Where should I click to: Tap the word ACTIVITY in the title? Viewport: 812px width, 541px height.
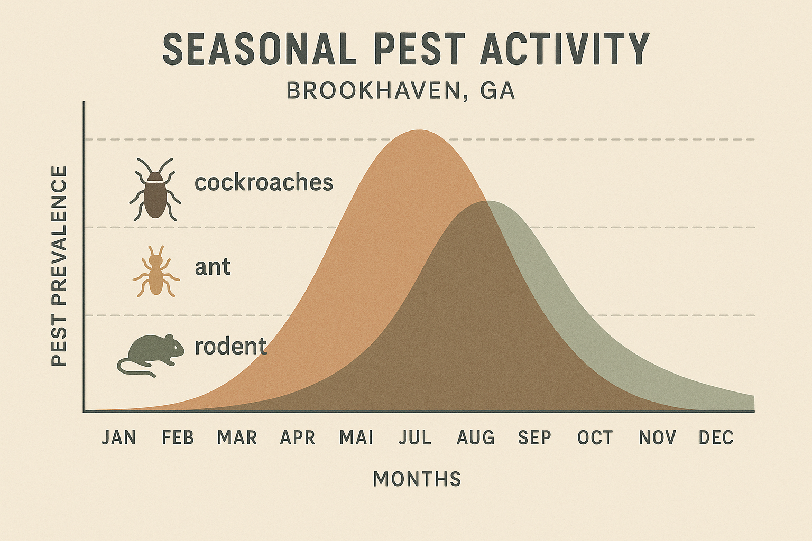click(565, 49)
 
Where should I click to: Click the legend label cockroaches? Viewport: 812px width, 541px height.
click(264, 183)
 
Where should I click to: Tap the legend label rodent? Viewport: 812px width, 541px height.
click(230, 347)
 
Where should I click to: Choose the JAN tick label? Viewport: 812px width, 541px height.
click(118, 438)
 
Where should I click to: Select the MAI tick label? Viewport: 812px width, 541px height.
click(356, 438)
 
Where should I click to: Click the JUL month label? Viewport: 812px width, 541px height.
click(415, 438)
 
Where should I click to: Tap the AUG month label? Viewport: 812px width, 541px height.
click(475, 438)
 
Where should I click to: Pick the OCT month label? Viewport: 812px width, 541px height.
click(595, 438)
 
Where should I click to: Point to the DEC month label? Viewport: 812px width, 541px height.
click(716, 438)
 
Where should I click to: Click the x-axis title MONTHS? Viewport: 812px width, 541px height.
click(417, 479)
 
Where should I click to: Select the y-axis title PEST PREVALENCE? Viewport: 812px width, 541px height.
click(60, 266)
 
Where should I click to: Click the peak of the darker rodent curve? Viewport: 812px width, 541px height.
click(487, 202)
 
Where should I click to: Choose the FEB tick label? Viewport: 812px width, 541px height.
click(178, 438)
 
